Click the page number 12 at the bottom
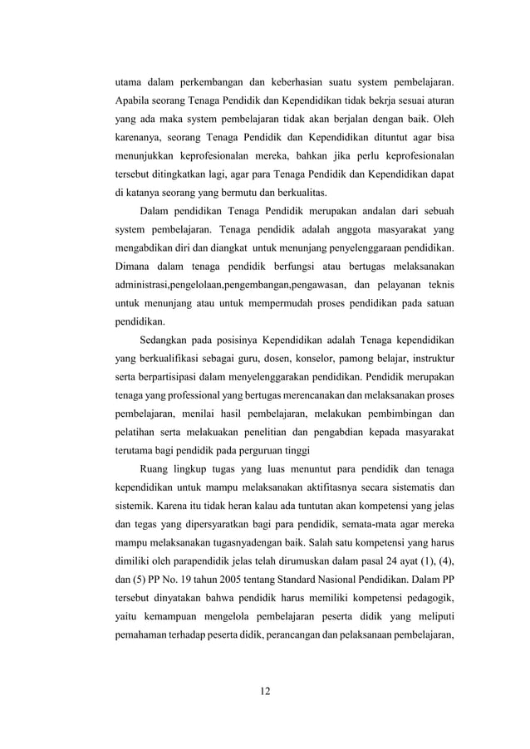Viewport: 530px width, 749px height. click(265, 692)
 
